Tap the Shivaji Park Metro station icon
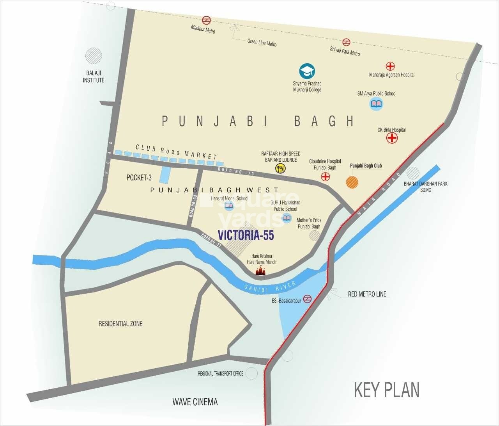346,42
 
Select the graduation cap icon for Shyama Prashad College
307,71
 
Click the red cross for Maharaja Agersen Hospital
390,66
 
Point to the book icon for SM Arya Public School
376,104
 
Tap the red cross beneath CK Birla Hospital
392,138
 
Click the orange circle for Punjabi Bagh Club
352,182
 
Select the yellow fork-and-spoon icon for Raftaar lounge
280,168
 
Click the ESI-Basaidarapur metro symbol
308,299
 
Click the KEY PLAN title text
386,390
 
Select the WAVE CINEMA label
195,402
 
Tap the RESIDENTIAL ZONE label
120,324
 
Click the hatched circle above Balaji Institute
94,56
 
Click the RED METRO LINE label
367,294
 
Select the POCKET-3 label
139,178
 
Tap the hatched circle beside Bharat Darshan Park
413,173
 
